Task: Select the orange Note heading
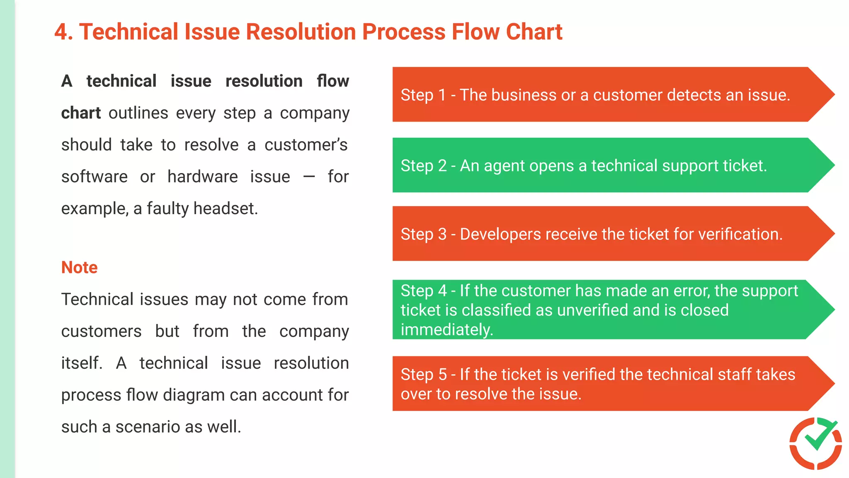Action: tap(79, 268)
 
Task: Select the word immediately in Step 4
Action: tap(446, 330)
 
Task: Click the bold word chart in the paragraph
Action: tap(81, 113)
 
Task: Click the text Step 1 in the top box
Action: tap(423, 95)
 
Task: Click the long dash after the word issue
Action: tap(309, 177)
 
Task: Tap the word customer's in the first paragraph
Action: tap(306, 145)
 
